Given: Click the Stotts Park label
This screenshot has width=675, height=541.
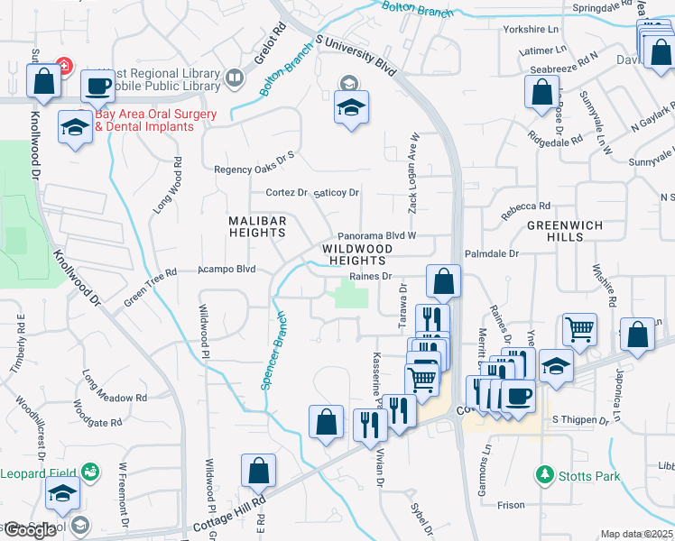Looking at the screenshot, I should point(589,475).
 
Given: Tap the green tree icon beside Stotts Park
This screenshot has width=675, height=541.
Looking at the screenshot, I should point(544,474).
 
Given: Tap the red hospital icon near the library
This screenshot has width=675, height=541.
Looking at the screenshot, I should point(64,67).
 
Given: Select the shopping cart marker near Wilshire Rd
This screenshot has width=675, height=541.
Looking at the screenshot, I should point(579,329).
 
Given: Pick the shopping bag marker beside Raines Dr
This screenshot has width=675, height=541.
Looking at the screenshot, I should point(443,281).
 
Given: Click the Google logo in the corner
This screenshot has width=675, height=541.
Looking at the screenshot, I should point(29,530).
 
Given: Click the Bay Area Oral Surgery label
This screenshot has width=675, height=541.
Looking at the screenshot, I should point(155,121).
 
